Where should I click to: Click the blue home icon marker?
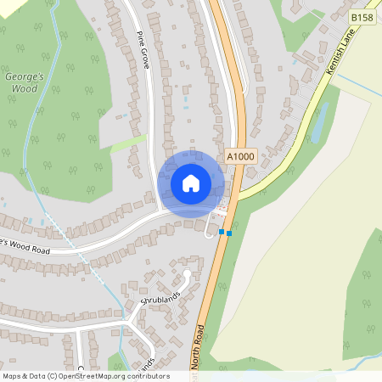191,183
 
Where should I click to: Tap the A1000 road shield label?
240,157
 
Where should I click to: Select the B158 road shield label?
361,16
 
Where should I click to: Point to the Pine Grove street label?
143,50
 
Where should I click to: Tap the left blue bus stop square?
221,231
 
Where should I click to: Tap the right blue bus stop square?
228,233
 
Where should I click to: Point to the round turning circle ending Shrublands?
187,274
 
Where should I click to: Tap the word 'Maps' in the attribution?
13,376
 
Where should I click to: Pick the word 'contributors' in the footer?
149,376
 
